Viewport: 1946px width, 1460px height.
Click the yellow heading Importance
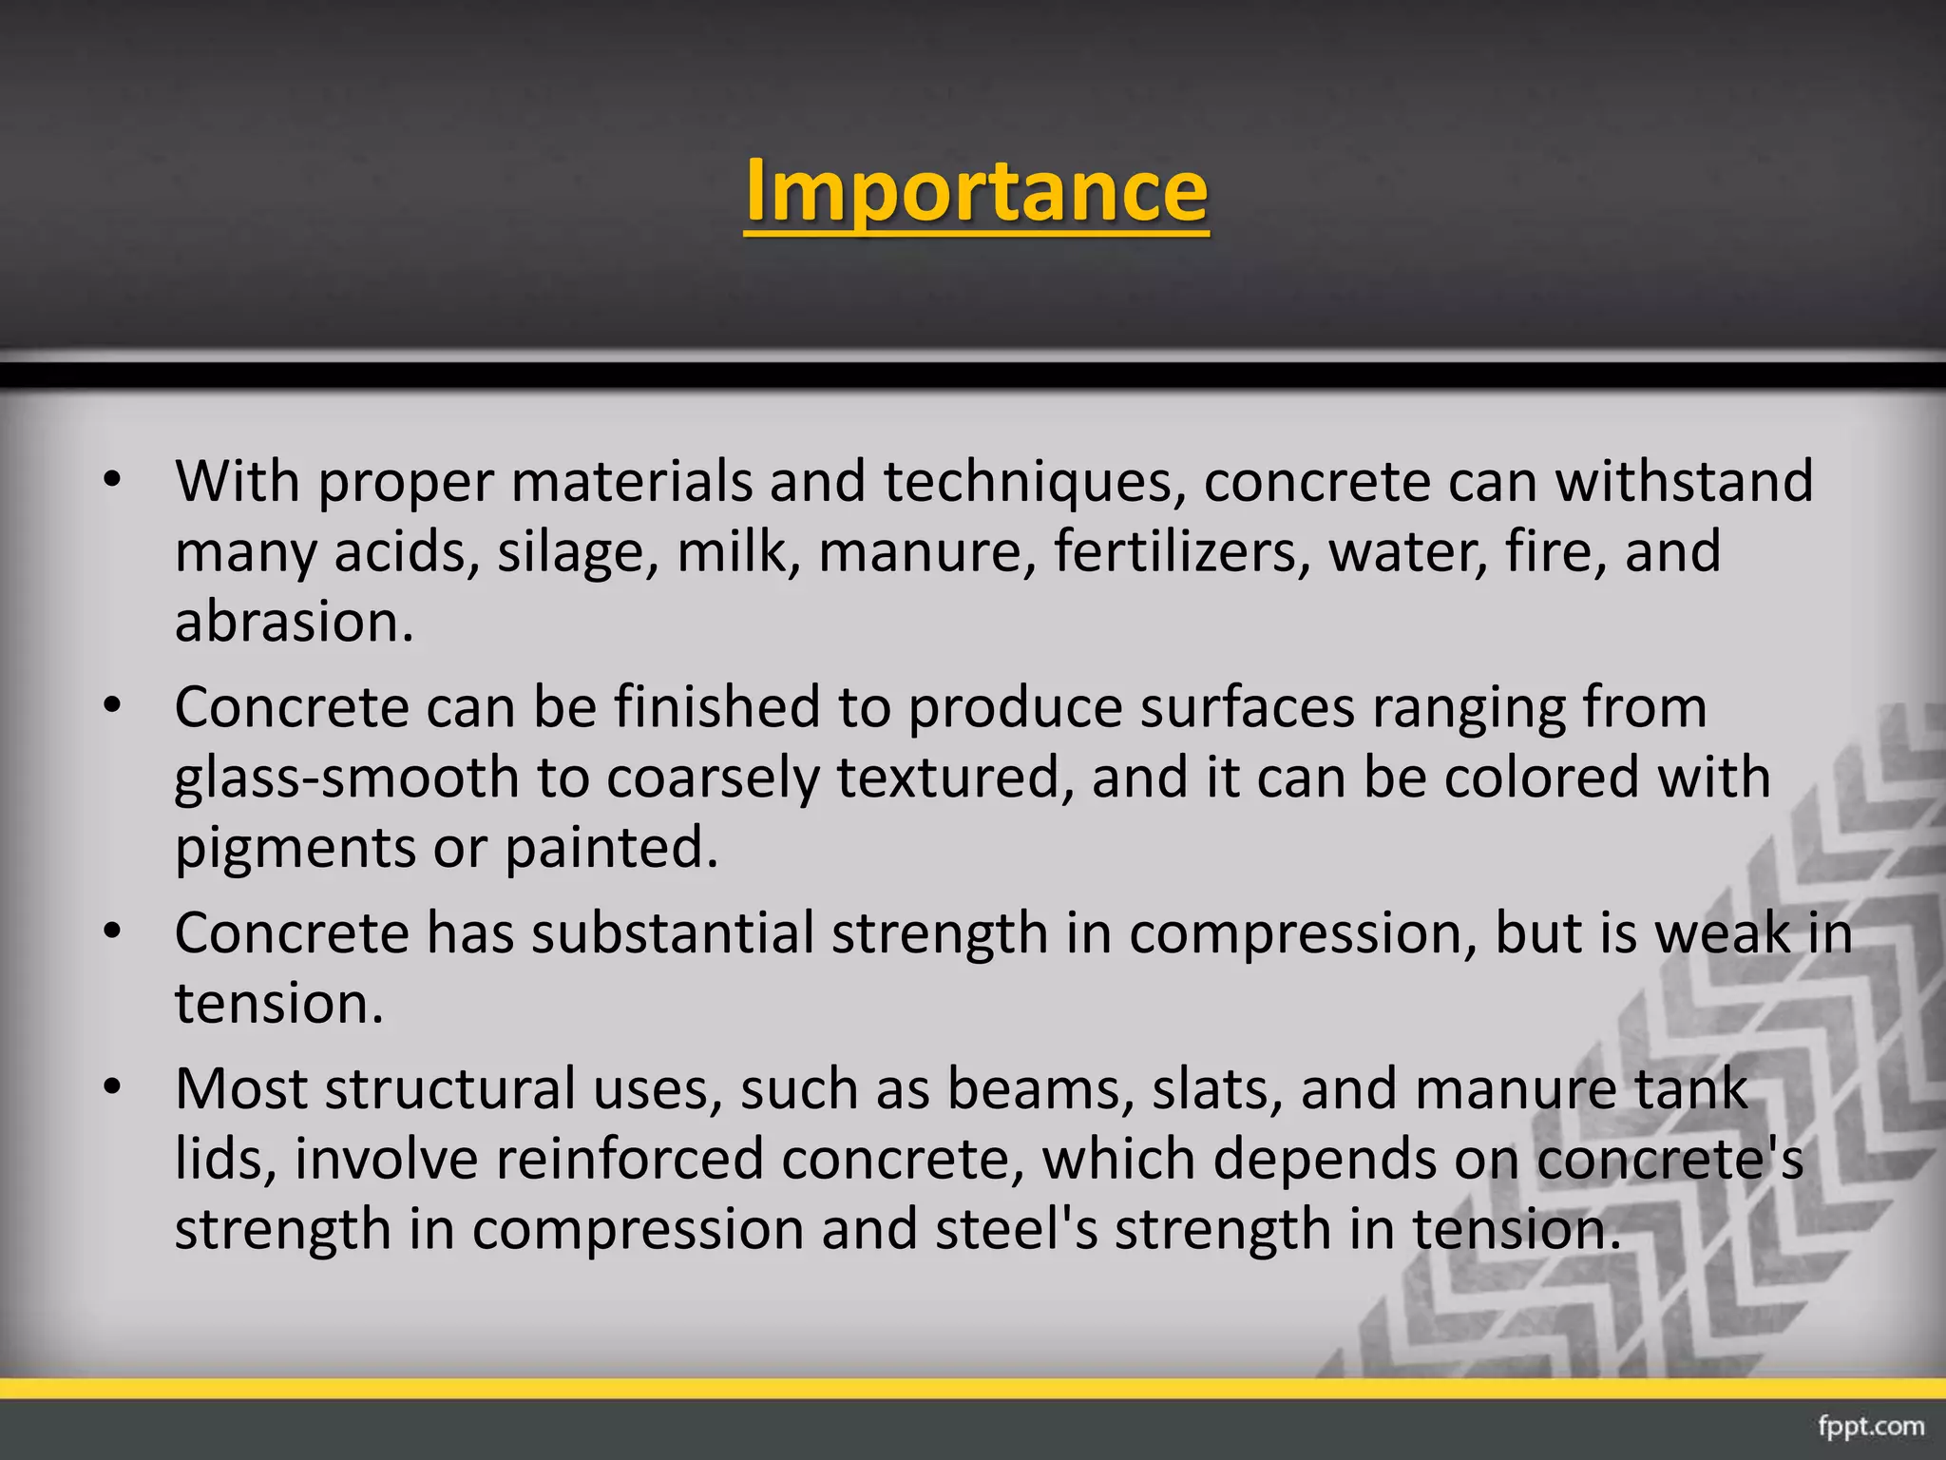976,190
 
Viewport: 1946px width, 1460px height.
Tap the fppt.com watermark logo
1870,1426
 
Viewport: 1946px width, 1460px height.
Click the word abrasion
294,622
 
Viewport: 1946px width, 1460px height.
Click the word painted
610,848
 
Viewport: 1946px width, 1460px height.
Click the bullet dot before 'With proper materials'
112,481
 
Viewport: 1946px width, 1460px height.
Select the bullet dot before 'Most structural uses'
112,1089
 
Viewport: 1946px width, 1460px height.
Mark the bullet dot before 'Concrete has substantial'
112,933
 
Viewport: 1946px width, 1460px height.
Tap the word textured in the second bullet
954,778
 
